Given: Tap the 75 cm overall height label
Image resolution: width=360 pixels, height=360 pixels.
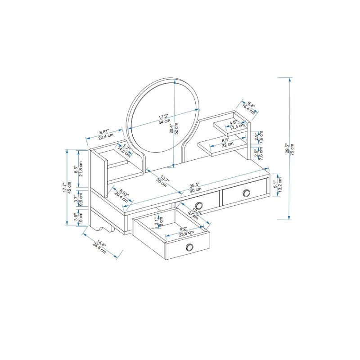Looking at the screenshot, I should pos(292,148).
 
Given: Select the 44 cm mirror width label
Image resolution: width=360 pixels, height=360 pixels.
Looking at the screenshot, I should pos(164,121).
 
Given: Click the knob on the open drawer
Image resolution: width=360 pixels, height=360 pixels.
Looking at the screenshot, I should pos(189,247).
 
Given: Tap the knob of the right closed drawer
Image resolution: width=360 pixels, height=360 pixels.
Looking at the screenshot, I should pos(246,193).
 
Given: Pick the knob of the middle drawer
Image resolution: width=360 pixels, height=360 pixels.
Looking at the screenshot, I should pos(198,206).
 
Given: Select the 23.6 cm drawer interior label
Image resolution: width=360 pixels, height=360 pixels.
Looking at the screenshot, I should pos(186,233).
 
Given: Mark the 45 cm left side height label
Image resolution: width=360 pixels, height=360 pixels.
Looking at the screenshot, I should pos(69,188).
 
